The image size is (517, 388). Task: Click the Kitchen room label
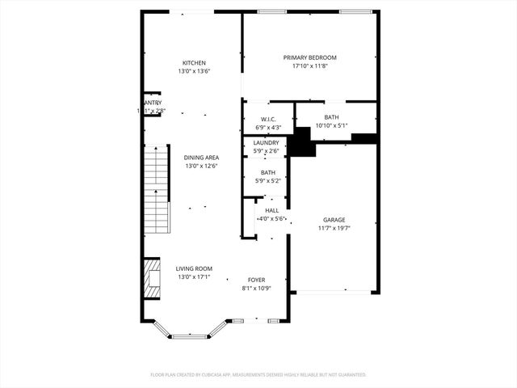pyautogui.click(x=194, y=63)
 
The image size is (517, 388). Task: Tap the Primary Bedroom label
pyautogui.click(x=309, y=57)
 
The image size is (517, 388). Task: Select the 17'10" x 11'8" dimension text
pyautogui.click(x=309, y=66)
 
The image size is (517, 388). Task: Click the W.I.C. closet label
pyautogui.click(x=269, y=120)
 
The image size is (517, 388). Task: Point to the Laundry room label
pyautogui.click(x=266, y=143)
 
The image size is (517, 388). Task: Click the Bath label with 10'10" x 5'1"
pyautogui.click(x=331, y=117)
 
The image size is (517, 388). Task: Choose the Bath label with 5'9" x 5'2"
pyautogui.click(x=267, y=172)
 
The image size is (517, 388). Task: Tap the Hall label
pyautogui.click(x=271, y=210)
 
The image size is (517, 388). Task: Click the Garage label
pyautogui.click(x=334, y=220)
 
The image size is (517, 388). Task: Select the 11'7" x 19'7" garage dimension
pyautogui.click(x=334, y=229)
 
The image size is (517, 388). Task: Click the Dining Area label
pyautogui.click(x=201, y=158)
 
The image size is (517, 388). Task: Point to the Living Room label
pyautogui.click(x=195, y=268)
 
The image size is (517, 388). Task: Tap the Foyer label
pyautogui.click(x=256, y=280)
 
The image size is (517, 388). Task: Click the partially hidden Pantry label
pyautogui.click(x=153, y=103)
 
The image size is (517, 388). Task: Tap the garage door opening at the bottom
pyautogui.click(x=334, y=292)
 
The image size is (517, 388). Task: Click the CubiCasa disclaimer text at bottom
pyautogui.click(x=258, y=375)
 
